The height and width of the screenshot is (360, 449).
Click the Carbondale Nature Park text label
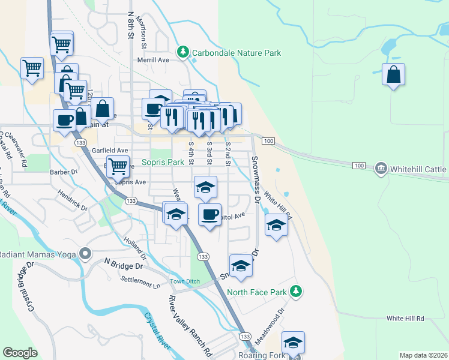pos(237,53)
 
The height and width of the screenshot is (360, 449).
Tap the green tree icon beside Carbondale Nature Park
pos(182,53)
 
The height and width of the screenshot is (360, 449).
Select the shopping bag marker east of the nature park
pos(393,75)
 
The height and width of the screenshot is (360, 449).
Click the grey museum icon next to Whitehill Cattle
pos(381,169)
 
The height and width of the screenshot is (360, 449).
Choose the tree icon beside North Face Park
pos(295,292)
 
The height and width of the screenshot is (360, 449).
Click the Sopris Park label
pos(163,162)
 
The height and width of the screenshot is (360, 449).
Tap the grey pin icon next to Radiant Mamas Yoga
pos(86,253)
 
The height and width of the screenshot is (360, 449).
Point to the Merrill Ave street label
pos(153,60)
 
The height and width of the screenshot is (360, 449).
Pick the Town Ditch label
pos(184,282)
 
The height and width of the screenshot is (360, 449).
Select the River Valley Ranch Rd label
pos(191,323)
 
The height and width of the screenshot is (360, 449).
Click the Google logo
pos(20,353)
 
